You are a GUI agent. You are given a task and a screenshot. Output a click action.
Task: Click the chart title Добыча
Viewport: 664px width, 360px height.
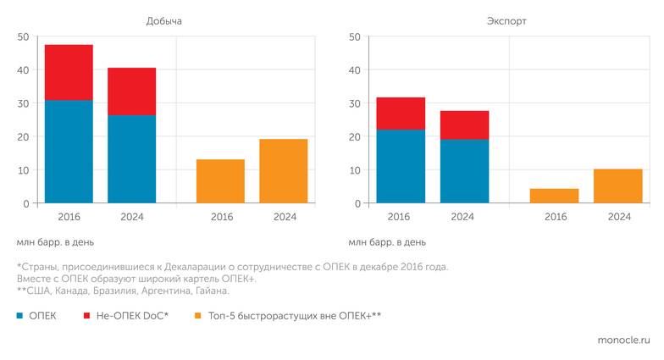click(164, 20)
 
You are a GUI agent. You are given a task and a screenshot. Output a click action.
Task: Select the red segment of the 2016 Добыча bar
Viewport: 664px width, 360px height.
click(69, 72)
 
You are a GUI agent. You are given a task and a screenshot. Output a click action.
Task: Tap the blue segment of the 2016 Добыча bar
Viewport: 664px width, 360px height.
click(69, 152)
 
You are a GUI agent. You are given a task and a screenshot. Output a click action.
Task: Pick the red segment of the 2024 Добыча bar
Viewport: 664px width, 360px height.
click(131, 91)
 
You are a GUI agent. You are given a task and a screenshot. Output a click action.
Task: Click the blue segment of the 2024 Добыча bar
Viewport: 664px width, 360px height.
click(131, 159)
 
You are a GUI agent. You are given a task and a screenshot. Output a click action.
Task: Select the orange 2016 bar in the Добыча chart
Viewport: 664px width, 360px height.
click(220, 181)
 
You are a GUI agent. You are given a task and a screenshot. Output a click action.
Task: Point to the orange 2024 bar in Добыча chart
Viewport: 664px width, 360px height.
click(283, 171)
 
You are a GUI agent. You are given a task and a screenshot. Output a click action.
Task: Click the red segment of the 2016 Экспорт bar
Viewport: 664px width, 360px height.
click(401, 114)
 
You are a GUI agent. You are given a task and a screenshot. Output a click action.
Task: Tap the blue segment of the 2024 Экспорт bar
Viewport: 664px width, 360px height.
click(464, 171)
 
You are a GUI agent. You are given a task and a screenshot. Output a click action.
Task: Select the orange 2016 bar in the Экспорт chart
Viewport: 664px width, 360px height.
click(554, 196)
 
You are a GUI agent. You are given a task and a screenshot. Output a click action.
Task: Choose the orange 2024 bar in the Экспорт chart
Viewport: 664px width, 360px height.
click(617, 186)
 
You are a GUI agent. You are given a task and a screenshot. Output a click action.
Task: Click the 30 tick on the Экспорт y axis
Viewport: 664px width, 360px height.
click(355, 103)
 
